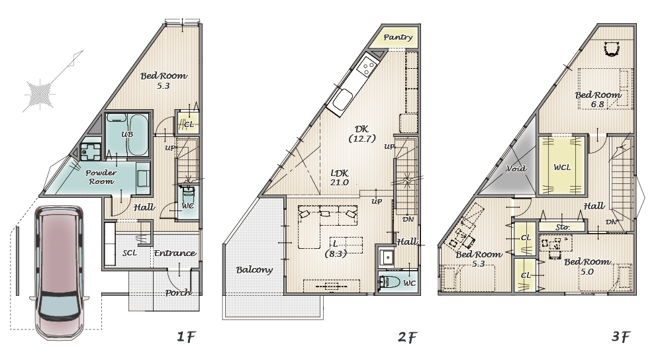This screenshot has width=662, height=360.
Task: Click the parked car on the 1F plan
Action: click(59, 272)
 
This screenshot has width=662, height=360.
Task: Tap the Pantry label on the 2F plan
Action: click(398, 37)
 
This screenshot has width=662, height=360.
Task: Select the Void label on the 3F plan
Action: click(516, 168)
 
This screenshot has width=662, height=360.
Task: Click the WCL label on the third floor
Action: click(562, 167)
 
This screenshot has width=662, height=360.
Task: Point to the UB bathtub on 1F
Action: click(138, 134)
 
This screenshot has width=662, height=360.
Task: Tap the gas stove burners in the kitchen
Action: click(366, 67)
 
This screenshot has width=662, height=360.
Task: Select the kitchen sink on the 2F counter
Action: click(342, 101)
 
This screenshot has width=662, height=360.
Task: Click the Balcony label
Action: click(254, 270)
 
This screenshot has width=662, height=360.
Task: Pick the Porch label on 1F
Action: click(177, 292)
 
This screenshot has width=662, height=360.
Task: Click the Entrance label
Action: click(175, 253)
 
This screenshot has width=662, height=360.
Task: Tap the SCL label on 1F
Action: click(130, 253)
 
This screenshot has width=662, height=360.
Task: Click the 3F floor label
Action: click(620, 336)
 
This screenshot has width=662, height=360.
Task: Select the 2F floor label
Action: click(407, 337)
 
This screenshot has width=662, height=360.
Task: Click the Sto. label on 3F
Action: click(562, 227)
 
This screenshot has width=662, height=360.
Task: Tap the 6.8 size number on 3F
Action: click(597, 105)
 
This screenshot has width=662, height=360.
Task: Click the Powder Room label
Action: click(101, 177)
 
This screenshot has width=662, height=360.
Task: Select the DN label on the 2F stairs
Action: click(408, 220)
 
